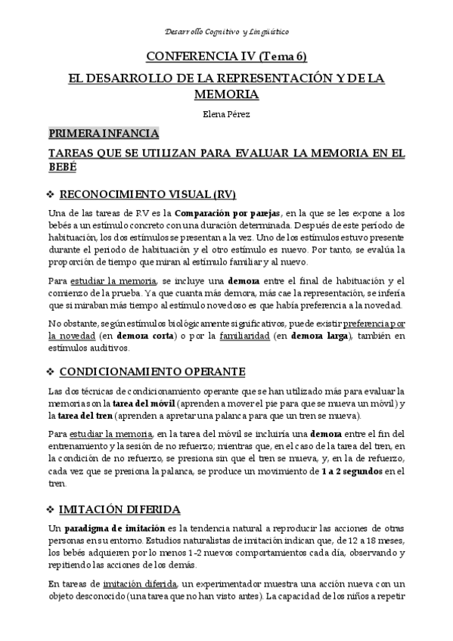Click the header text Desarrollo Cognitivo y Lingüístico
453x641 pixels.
click(x=226, y=33)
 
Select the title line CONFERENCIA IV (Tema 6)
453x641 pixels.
click(x=226, y=57)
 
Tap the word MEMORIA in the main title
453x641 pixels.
click(x=226, y=94)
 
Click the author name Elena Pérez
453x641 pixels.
click(x=226, y=114)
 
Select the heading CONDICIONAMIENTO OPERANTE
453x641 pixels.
click(x=151, y=372)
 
